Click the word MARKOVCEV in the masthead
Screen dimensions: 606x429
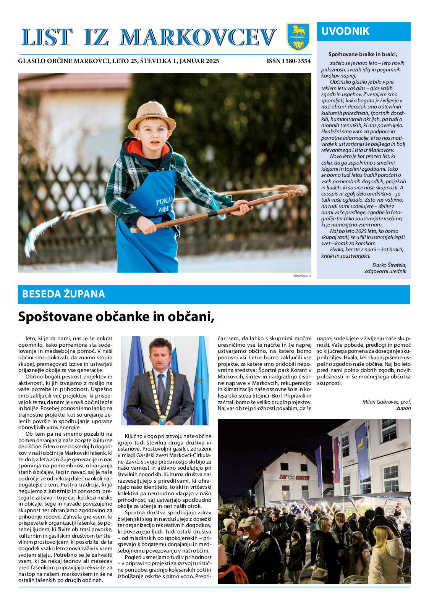point(198,38)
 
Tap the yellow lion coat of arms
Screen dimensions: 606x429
point(298,37)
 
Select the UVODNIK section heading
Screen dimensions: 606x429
point(345,31)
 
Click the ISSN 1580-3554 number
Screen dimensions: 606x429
point(288,61)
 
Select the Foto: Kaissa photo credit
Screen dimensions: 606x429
point(302,275)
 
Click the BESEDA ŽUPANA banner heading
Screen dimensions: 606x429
point(63,294)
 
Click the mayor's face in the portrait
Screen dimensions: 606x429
point(159,355)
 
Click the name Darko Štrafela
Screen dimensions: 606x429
point(389,265)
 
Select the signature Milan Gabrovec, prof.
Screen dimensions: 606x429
point(386,402)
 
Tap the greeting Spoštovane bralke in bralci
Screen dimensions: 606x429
point(363,54)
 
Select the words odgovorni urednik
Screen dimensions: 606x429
point(385,271)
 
